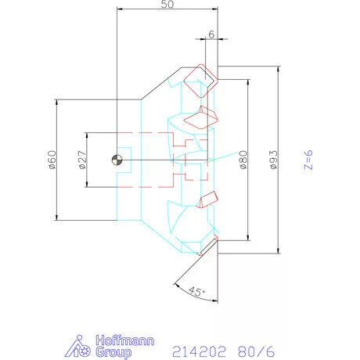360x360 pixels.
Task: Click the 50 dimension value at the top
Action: [167, 4]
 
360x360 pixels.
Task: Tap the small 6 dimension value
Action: [211, 34]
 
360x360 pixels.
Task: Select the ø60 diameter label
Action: [52, 160]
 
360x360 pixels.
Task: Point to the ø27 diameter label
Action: [82, 160]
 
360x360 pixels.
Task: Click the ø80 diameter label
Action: [243, 160]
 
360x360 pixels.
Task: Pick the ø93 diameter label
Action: [274, 160]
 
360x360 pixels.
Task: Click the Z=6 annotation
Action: [308, 160]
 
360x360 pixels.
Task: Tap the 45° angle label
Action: [197, 291]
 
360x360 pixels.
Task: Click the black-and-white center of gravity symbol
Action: [117, 160]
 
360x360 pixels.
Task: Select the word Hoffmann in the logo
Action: [125, 340]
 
